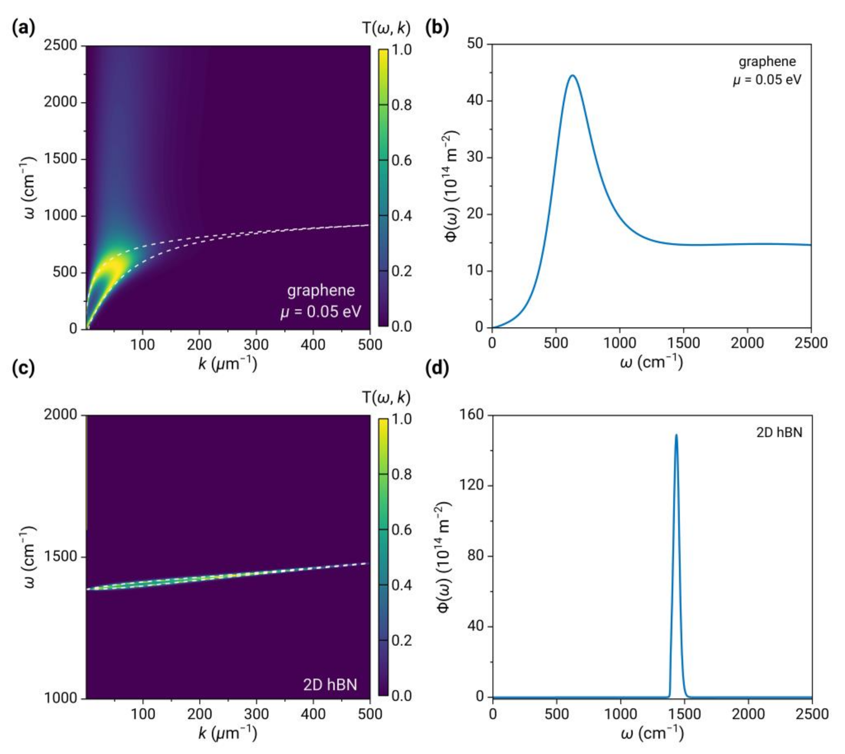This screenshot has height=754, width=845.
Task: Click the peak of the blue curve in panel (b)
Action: click(573, 75)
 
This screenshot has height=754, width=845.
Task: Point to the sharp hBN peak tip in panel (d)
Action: click(676, 435)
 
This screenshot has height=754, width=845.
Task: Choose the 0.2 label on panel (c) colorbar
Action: click(401, 641)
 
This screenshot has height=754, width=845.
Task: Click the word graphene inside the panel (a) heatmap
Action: click(321, 290)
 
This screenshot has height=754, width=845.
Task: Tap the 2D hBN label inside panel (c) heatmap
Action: click(330, 684)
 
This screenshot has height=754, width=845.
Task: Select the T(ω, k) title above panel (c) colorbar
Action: click(386, 397)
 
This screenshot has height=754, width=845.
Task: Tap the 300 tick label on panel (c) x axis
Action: click(256, 714)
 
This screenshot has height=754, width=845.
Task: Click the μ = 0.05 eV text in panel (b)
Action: click(767, 79)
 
